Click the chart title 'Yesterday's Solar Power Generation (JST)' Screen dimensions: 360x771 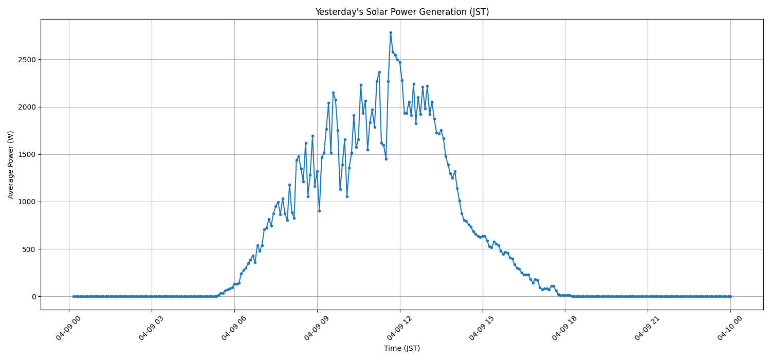tap(402, 12)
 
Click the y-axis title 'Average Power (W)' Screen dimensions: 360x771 tap(11, 165)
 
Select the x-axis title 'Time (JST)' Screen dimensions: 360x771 tap(402, 348)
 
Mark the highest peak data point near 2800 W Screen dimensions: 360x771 tap(391, 32)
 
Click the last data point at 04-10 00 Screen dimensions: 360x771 tap(730, 296)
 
